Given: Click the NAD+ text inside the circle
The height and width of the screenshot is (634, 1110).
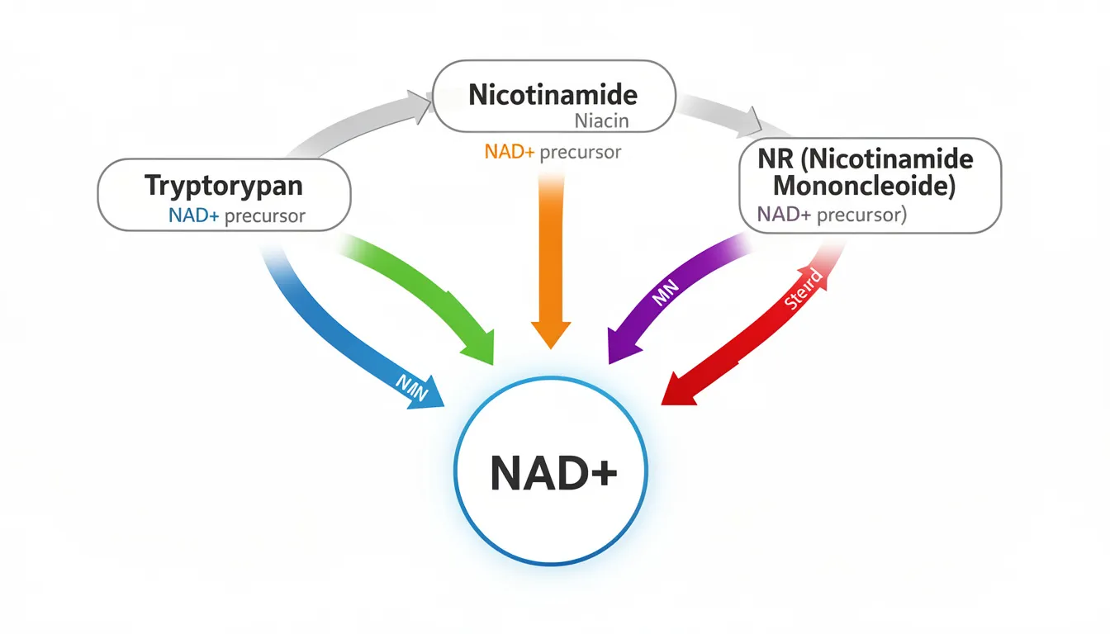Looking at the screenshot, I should (553, 476).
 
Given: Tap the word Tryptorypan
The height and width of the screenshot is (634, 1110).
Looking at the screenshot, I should (224, 186).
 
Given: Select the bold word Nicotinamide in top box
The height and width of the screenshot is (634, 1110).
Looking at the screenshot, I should (553, 94).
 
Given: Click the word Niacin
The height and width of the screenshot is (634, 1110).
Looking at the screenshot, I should (601, 121).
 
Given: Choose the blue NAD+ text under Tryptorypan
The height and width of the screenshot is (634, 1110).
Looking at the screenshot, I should (194, 216).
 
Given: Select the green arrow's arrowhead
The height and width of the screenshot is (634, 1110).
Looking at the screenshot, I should (477, 346).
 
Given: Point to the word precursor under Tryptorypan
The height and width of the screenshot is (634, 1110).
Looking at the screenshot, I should (265, 216).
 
